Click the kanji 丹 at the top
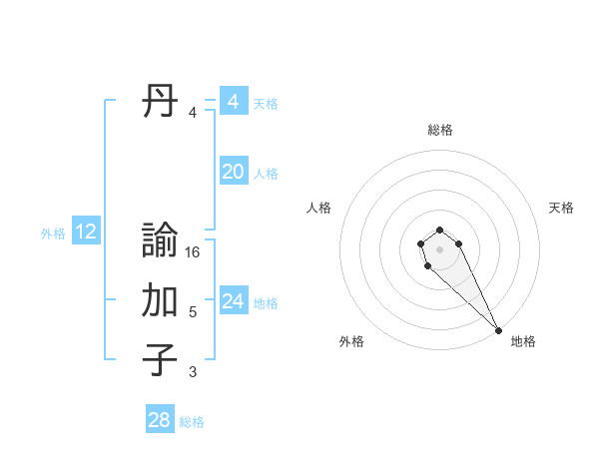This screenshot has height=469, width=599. pyautogui.click(x=160, y=102)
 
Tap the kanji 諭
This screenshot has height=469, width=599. pyautogui.click(x=160, y=242)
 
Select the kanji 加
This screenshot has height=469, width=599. pyautogui.click(x=160, y=300)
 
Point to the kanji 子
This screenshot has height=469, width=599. pyautogui.click(x=160, y=359)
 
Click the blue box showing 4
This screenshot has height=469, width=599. pyautogui.click(x=233, y=102)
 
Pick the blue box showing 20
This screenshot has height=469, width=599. pyautogui.click(x=233, y=172)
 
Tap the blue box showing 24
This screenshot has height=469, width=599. pyautogui.click(x=233, y=301)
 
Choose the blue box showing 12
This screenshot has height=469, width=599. pyautogui.click(x=86, y=233)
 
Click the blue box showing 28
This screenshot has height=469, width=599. pyautogui.click(x=160, y=420)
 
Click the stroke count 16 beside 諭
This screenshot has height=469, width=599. pyautogui.click(x=193, y=253)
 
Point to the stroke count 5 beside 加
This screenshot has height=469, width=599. pyautogui.click(x=193, y=312)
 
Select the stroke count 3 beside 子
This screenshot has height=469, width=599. pyautogui.click(x=193, y=372)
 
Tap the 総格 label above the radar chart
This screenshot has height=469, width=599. pyautogui.click(x=440, y=130)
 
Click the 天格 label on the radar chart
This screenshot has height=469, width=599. pyautogui.click(x=561, y=208)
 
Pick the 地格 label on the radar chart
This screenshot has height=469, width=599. pyautogui.click(x=523, y=342)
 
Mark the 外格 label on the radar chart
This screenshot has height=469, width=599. pyautogui.click(x=351, y=342)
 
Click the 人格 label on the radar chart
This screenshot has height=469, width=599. pyautogui.click(x=319, y=208)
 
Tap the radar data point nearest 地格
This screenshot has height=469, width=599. pyautogui.click(x=498, y=330)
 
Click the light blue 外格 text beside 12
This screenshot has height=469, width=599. pyautogui.click(x=53, y=234)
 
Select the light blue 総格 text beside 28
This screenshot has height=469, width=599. pyautogui.click(x=192, y=422)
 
